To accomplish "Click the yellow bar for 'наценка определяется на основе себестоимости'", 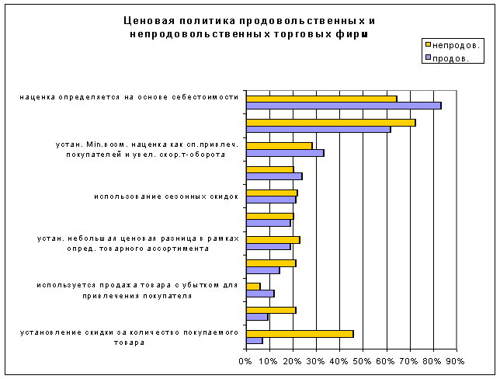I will coord(321,99).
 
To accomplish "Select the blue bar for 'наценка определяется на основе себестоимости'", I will coord(343,106).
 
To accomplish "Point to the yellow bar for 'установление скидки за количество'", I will coord(300,333).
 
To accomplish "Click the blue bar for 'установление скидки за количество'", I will coord(254,340).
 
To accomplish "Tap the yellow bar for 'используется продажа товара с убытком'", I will coord(253,287).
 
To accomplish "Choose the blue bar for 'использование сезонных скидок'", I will coord(271,200).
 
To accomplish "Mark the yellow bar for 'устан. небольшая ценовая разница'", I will coord(273,239).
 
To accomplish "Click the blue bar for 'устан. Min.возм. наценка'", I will coord(285,152).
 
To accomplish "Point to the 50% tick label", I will coord(363,361).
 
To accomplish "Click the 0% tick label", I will coord(245,361).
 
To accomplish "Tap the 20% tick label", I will coord(293,361).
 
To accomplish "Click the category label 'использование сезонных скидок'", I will coord(165,196).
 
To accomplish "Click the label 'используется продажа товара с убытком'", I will coord(137,290).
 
